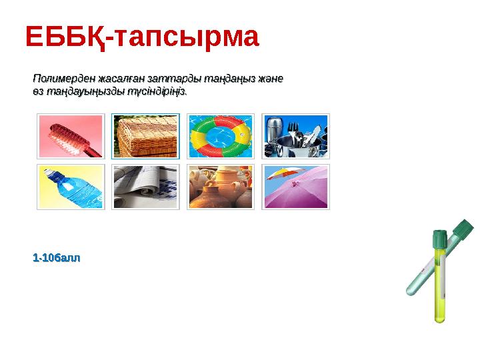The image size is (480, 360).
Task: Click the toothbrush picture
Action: pos(71,137)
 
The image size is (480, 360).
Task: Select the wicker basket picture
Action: pos(145,137)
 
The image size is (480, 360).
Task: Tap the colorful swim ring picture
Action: pos(220,137)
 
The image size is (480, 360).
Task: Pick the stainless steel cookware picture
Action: pos(295,137)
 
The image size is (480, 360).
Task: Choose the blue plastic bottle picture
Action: pos(71,187)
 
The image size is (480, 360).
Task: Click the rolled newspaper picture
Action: pos(145,187)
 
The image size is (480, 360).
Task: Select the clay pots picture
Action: pos(220,187)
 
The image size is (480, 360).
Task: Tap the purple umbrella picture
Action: pos(295,187)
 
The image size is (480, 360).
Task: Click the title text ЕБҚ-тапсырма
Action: pos(141,38)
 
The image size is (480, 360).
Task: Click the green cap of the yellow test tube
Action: pos(439,238)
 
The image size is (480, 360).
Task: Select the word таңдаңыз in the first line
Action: pos(219,79)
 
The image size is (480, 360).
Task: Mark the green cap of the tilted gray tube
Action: pos(463,229)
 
